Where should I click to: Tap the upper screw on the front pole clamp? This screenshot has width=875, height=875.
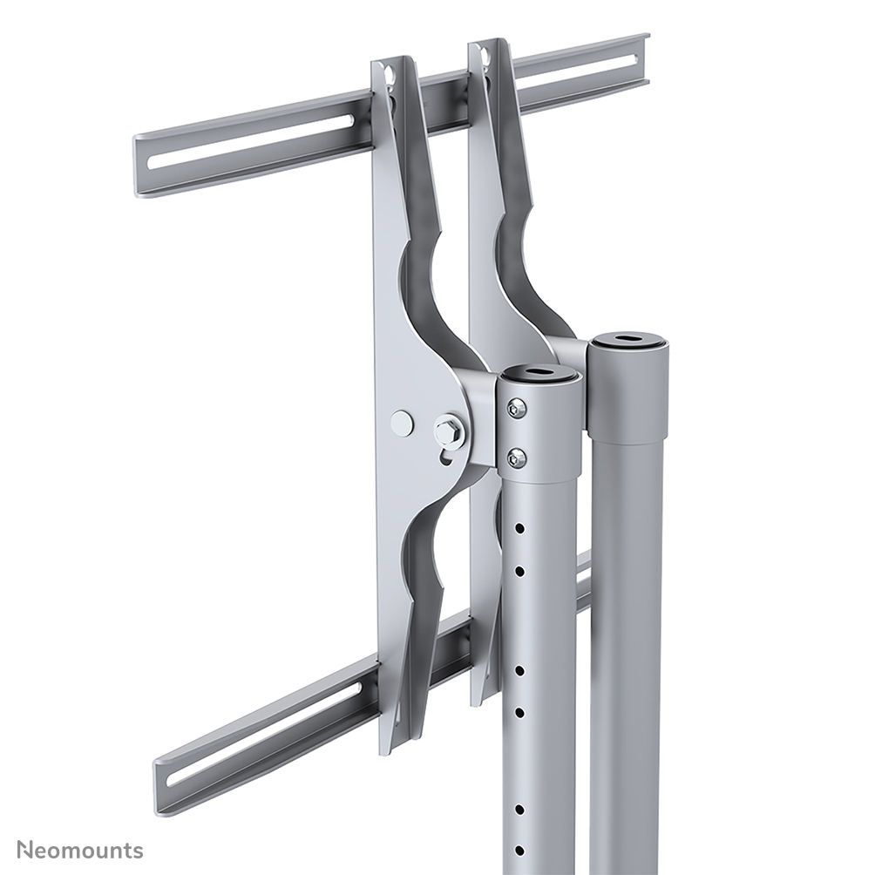[517, 407]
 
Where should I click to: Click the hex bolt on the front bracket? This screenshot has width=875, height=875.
[450, 431]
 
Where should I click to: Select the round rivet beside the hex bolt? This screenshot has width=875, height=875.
[402, 424]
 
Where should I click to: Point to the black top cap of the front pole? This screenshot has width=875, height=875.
[540, 375]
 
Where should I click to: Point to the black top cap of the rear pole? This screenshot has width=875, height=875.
[627, 339]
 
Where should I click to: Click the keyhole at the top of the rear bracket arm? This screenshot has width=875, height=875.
[485, 58]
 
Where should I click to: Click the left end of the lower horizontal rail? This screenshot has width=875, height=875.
[160, 789]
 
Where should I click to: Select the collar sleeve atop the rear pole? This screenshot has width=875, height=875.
[628, 392]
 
